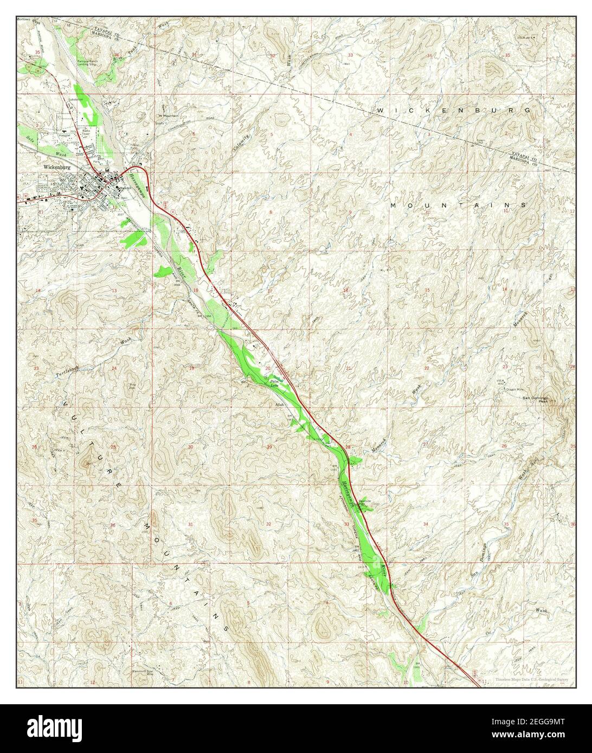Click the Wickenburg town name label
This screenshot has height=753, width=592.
57,167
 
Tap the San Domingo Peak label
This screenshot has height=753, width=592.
536,399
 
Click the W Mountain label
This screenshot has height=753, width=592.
168,115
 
